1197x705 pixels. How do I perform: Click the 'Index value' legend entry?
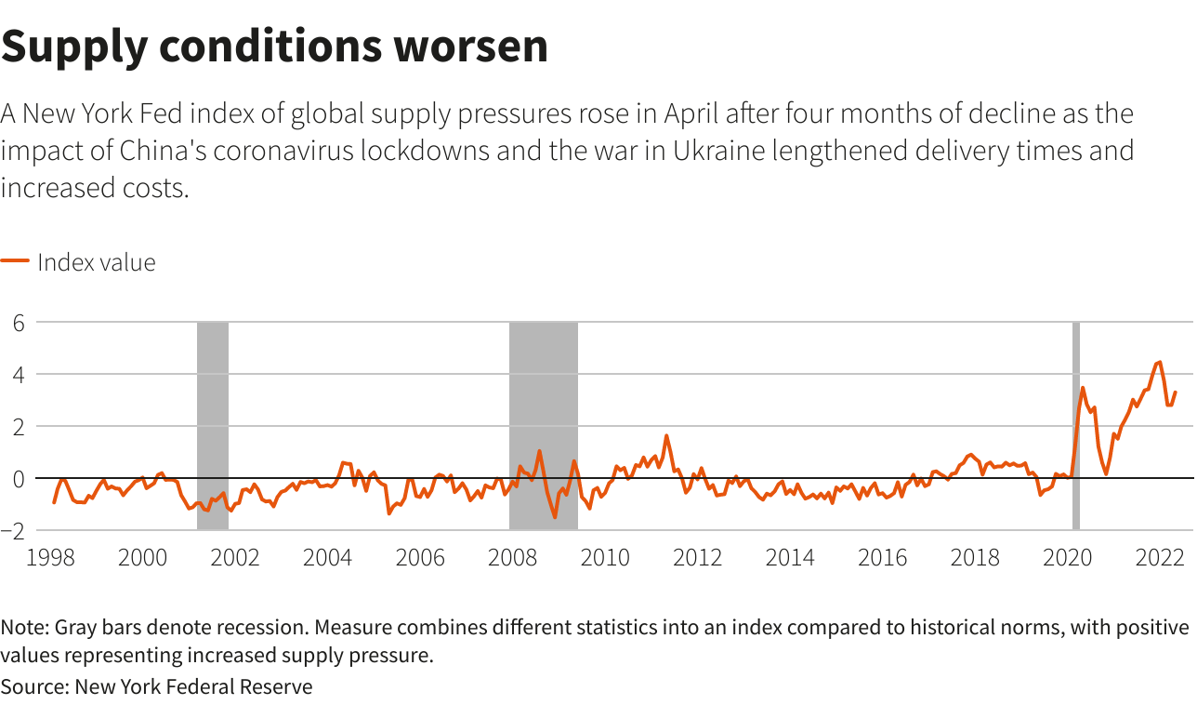pyautogui.click(x=96, y=262)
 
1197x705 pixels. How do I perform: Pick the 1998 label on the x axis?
pyautogui.click(x=50, y=558)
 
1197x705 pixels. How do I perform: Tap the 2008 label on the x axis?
pyautogui.click(x=512, y=558)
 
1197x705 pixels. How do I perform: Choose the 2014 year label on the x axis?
pyautogui.click(x=790, y=558)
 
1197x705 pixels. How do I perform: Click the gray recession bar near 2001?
pyautogui.click(x=213, y=425)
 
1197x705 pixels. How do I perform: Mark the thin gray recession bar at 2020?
pyautogui.click(x=1076, y=425)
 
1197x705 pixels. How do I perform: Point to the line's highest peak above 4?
pyautogui.click(x=1159, y=362)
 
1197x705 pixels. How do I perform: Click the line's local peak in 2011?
pyautogui.click(x=666, y=435)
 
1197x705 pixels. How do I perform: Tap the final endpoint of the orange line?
pyautogui.click(x=1176, y=392)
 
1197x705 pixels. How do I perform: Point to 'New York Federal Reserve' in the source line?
pyautogui.click(x=193, y=687)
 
